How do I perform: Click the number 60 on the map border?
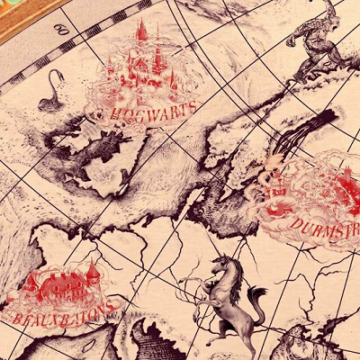point(62,30)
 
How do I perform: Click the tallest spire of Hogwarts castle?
point(141,31)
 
